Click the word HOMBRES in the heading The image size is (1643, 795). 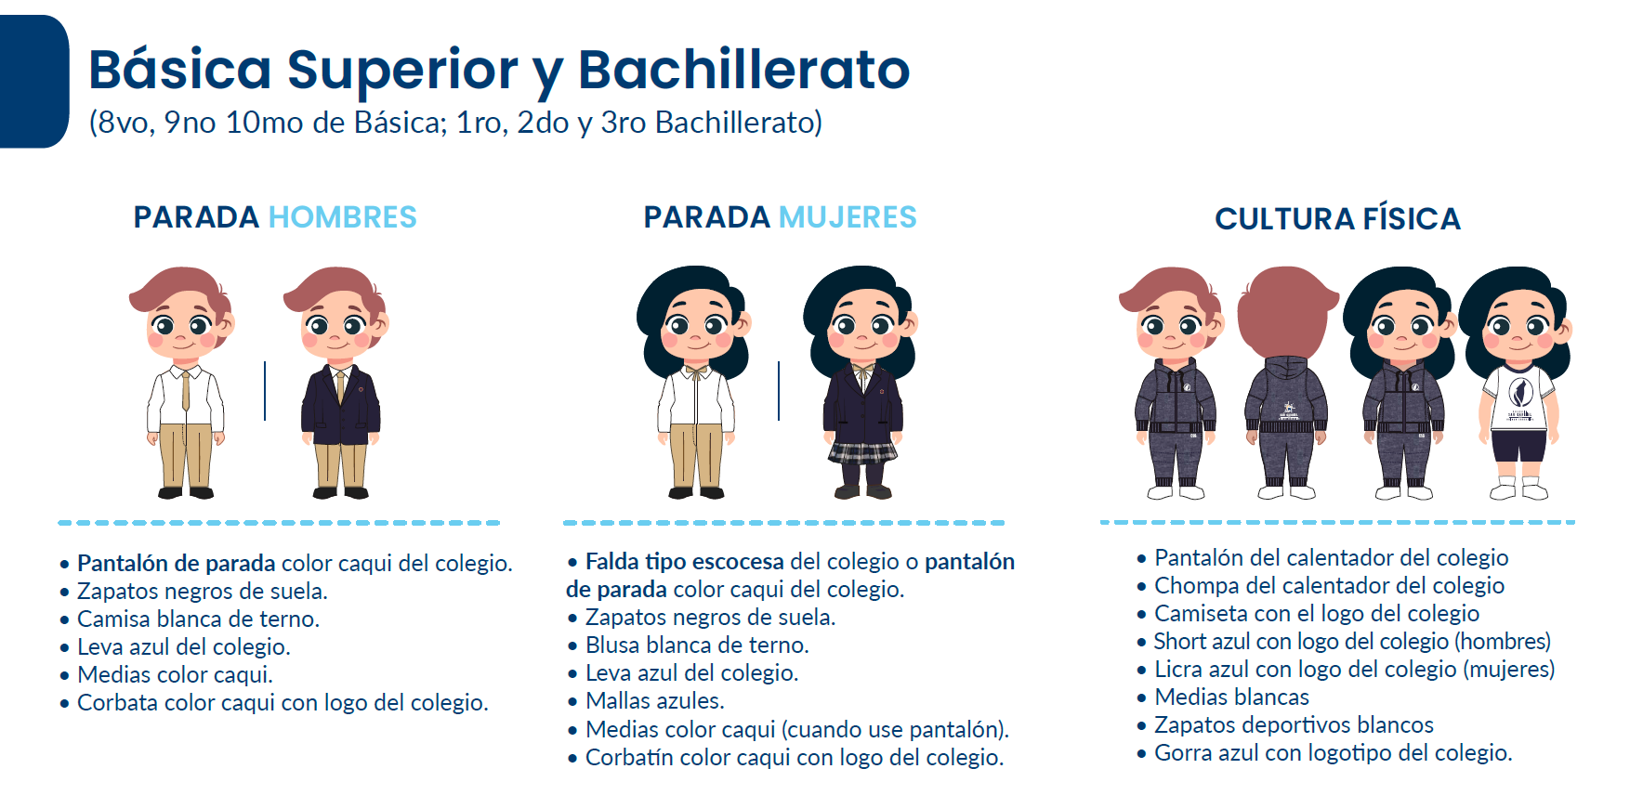coord(342,217)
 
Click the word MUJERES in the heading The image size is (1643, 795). coord(848,217)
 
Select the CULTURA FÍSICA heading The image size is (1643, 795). coord(1337,218)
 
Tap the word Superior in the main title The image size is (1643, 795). coord(402,71)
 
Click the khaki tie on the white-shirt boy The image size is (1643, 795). coord(186,390)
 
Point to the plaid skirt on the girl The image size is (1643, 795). coord(863,452)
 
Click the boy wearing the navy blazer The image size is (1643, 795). coord(339,383)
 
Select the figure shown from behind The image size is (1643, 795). coord(1286,383)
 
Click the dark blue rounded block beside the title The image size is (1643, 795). coord(33,82)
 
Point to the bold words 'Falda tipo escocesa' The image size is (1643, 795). coord(685,562)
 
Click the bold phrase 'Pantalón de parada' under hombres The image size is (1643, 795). coord(177,564)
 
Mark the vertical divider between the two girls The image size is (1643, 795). coord(779,390)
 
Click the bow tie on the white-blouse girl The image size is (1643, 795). coord(695,371)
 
